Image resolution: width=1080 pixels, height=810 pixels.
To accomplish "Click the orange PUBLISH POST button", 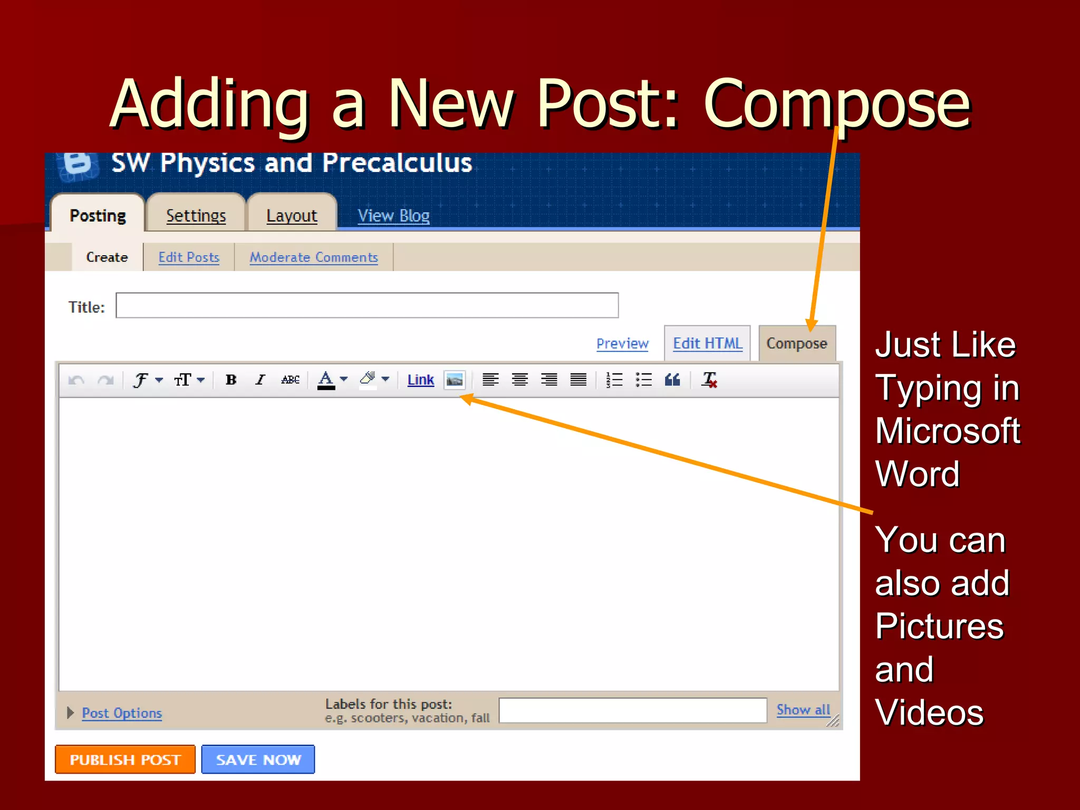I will [x=125, y=759].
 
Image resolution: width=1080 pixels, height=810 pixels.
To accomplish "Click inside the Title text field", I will [x=367, y=305].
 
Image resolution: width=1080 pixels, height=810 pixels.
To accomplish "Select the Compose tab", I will [x=796, y=343].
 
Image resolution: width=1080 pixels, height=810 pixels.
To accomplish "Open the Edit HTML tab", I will [x=707, y=343].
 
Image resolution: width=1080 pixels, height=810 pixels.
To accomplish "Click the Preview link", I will [x=622, y=343].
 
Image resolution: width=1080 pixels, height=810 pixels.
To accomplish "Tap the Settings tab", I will [x=196, y=215].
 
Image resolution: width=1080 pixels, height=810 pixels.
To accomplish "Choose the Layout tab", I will [x=292, y=215].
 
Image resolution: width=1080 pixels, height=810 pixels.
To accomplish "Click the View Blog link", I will [x=393, y=215].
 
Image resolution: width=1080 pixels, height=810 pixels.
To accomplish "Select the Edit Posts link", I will [x=189, y=257].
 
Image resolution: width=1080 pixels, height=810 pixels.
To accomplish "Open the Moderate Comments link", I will [x=313, y=257].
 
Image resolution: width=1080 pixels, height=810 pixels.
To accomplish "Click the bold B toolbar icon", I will [x=230, y=380].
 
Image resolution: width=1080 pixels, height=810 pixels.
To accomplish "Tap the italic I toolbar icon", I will [x=259, y=380].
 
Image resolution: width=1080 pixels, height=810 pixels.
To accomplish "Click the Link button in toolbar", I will [x=420, y=380].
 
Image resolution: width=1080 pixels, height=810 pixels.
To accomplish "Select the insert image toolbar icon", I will [x=454, y=380].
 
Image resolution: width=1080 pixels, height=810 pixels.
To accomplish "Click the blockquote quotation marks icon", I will [x=672, y=380].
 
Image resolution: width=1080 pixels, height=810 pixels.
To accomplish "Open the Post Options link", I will [x=121, y=713].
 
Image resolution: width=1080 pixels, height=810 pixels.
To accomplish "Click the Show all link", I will [x=803, y=710].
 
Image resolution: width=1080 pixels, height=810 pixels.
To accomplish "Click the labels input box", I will [x=632, y=710].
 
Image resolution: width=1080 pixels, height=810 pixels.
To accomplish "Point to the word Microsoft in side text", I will [x=947, y=431].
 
